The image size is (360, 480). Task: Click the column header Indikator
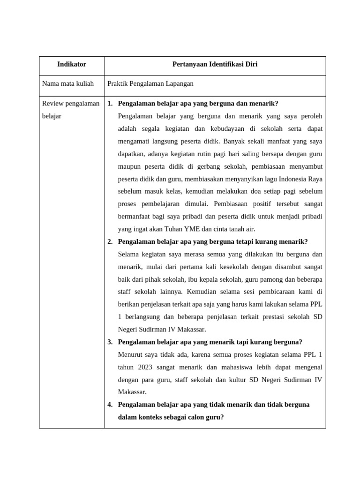click(72, 64)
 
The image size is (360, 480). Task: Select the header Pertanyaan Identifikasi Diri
click(215, 64)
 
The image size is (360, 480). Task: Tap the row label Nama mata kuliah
click(68, 83)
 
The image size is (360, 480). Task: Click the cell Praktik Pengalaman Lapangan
click(150, 83)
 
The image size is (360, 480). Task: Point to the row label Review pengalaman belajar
click(71, 109)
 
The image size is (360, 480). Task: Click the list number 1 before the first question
click(110, 104)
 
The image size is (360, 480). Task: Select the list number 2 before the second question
click(110, 241)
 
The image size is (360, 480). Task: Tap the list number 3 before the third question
click(110, 342)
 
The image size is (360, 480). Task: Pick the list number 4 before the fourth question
click(110, 404)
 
